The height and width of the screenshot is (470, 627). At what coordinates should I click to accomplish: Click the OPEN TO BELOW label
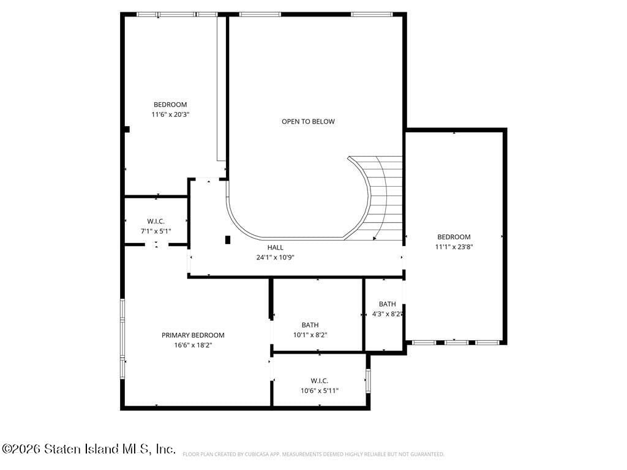click(308, 121)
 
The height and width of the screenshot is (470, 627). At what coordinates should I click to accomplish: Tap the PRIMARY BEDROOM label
click(193, 335)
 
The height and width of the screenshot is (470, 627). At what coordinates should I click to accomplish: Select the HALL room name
click(275, 247)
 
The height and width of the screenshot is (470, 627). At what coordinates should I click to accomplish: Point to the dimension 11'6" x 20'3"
click(170, 114)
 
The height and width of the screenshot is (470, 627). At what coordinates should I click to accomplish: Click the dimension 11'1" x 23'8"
click(454, 247)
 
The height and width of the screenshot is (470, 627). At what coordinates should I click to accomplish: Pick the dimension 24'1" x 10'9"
click(275, 258)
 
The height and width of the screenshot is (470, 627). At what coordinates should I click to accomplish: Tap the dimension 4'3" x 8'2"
click(387, 314)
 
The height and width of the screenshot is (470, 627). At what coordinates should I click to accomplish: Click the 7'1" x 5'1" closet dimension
click(156, 231)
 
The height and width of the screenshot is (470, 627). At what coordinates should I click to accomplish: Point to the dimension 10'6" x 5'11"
click(319, 390)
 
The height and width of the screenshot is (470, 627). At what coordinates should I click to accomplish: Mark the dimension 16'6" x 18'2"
click(193, 345)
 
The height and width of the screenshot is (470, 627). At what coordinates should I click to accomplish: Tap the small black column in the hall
click(228, 240)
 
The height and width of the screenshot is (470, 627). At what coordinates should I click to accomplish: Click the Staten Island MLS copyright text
click(89, 449)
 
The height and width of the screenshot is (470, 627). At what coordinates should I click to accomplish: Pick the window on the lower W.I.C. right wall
click(368, 381)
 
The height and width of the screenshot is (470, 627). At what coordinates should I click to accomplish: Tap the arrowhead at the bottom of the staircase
click(375, 237)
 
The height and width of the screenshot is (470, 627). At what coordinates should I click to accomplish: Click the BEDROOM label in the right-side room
click(454, 237)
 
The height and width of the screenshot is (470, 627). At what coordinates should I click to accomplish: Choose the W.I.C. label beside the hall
click(156, 221)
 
